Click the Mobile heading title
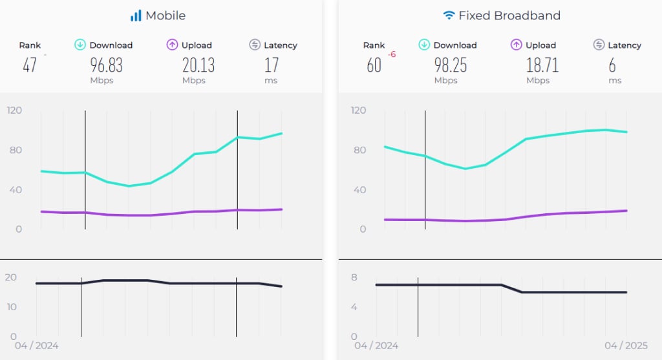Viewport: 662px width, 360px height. (165, 16)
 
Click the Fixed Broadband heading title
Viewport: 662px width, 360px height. (509, 16)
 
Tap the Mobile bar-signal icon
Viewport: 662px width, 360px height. (136, 16)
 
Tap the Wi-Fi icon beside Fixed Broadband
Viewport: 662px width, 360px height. (449, 16)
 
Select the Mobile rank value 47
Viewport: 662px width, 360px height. (30, 65)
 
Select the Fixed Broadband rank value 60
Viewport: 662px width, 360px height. (374, 65)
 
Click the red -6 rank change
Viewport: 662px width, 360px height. (392, 55)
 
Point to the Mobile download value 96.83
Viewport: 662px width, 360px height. (106, 65)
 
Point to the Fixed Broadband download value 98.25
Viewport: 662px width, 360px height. (450, 65)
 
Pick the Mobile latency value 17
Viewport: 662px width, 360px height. (272, 65)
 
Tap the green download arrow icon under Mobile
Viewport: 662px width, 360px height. (80, 45)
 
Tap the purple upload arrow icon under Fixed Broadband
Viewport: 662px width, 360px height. (516, 45)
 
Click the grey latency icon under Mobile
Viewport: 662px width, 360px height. (254, 45)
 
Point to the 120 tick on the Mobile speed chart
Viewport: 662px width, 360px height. (14, 111)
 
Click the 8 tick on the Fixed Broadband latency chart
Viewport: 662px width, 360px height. (354, 277)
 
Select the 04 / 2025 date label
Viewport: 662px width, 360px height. (625, 346)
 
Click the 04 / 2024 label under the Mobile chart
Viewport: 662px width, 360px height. (36, 346)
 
